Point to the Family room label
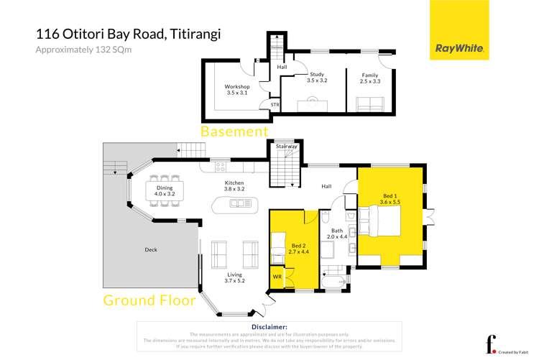pyautogui.click(x=369, y=78)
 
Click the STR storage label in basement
pyautogui.click(x=275, y=105)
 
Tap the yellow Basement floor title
pyautogui.click(x=234, y=131)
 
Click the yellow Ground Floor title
pyautogui.click(x=149, y=300)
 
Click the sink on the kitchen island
pyautogui.click(x=235, y=203)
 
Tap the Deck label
pyautogui.click(x=149, y=250)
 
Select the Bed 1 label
pyautogui.click(x=390, y=199)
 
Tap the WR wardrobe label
pyautogui.click(x=277, y=275)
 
